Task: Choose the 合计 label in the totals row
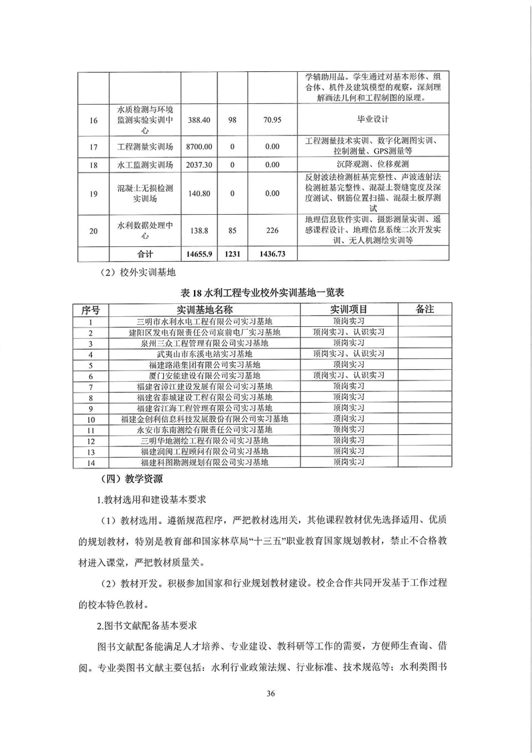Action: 145,254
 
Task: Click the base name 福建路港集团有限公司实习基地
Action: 205,364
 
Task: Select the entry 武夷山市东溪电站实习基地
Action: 205,354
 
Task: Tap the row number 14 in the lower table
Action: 91,462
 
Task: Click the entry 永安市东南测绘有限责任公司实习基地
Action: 205,430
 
